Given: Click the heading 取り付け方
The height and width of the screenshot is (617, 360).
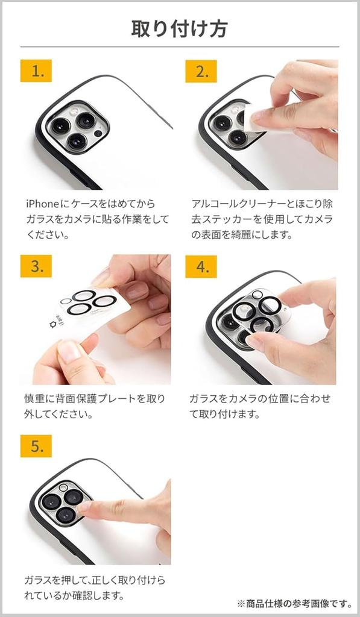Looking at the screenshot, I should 180,28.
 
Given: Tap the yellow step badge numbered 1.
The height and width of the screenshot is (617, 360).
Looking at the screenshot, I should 36,71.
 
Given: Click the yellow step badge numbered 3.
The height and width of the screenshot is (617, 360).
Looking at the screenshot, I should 36,266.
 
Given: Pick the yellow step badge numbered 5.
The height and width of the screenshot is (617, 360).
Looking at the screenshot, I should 36,446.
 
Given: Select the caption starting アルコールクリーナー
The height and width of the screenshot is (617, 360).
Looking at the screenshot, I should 262,219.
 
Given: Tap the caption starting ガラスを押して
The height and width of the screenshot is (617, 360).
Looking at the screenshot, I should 95,587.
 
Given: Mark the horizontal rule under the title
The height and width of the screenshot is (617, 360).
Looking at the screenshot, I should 180,47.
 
